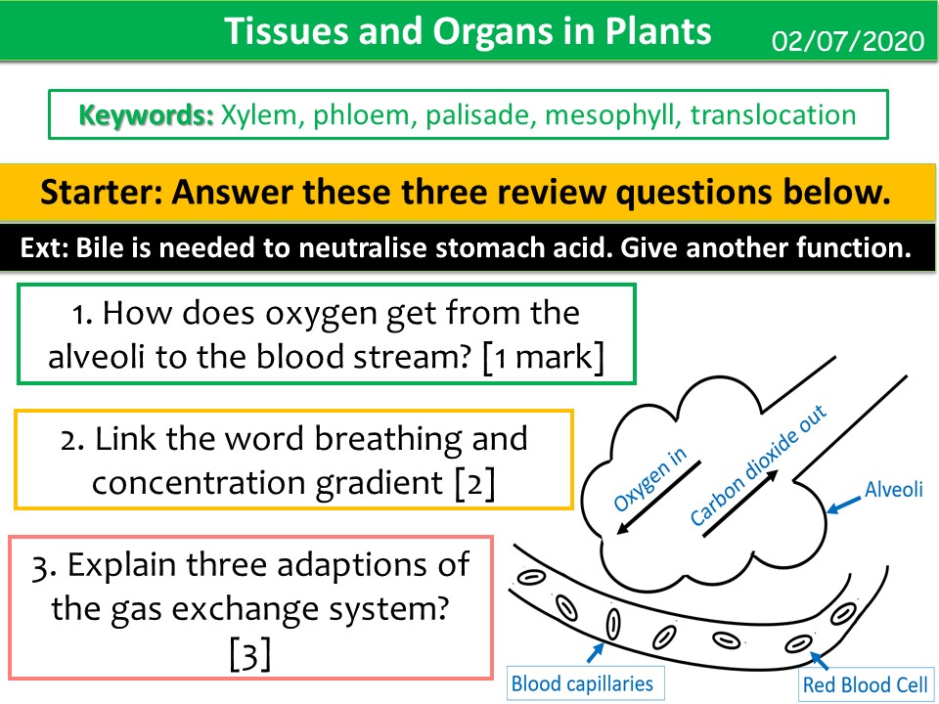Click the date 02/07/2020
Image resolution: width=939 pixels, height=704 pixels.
point(848,42)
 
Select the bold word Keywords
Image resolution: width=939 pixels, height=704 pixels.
point(146,115)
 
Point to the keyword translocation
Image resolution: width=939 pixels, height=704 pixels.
point(773,115)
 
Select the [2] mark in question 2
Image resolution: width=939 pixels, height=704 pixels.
point(475,483)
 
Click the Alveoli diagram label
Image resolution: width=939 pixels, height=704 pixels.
point(893,489)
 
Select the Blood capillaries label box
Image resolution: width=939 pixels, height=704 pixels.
point(581,682)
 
